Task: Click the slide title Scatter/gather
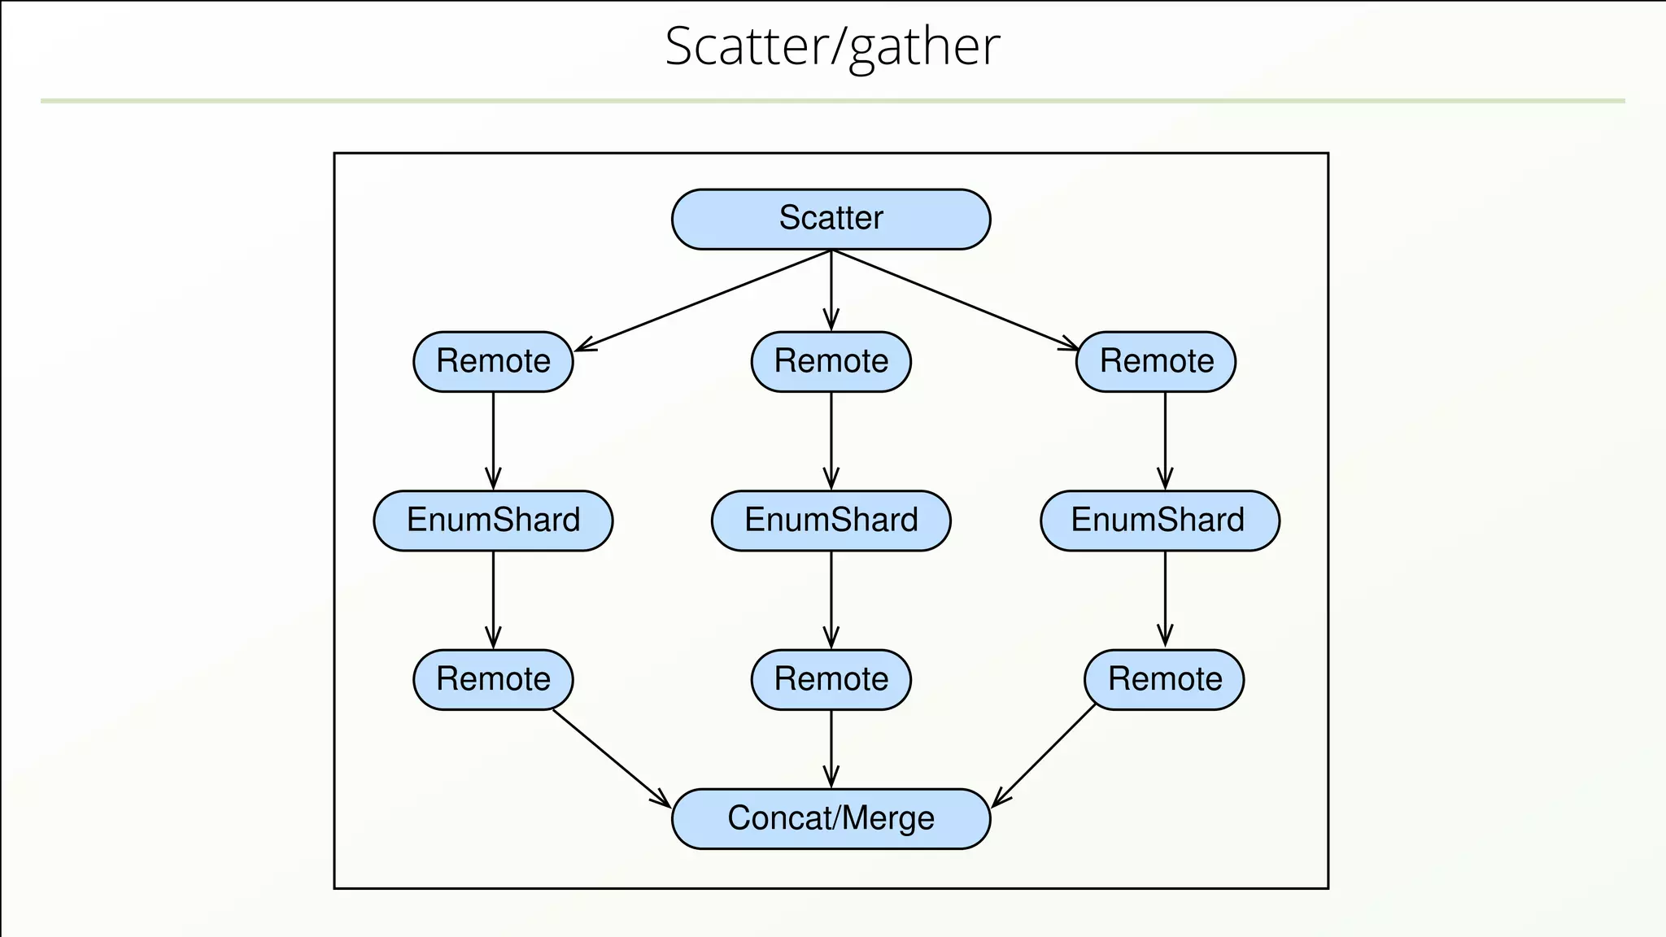(x=831, y=46)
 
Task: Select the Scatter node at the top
(x=831, y=219)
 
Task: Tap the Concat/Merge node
(x=831, y=818)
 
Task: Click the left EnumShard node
(x=493, y=521)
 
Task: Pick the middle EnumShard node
(x=831, y=521)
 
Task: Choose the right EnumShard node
(x=1159, y=521)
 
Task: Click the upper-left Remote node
(x=493, y=361)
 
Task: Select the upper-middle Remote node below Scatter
(x=831, y=361)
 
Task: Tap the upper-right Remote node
(x=1155, y=361)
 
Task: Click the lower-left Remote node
(x=493, y=679)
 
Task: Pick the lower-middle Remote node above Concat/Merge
(x=831, y=679)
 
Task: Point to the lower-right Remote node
(x=1164, y=679)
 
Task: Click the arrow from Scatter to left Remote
(x=704, y=300)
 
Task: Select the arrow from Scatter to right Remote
(x=956, y=300)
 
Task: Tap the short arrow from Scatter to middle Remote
(x=831, y=289)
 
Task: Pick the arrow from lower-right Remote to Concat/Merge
(x=1045, y=755)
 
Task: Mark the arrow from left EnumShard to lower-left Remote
(x=493, y=599)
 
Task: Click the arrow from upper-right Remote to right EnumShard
(x=1165, y=440)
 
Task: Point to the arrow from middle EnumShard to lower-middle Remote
(x=831, y=599)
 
